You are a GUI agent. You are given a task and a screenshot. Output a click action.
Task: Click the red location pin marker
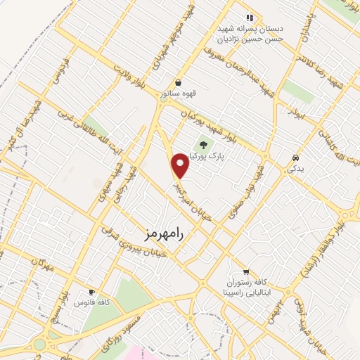[x=181, y=166]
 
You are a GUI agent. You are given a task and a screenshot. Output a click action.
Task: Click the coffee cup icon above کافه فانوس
[x=91, y=292]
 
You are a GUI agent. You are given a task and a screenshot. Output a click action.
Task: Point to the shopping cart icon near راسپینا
[x=245, y=271]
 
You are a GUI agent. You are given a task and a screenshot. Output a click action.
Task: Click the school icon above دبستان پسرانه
[x=249, y=18]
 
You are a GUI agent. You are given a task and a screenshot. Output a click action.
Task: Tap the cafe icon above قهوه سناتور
[x=178, y=82]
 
